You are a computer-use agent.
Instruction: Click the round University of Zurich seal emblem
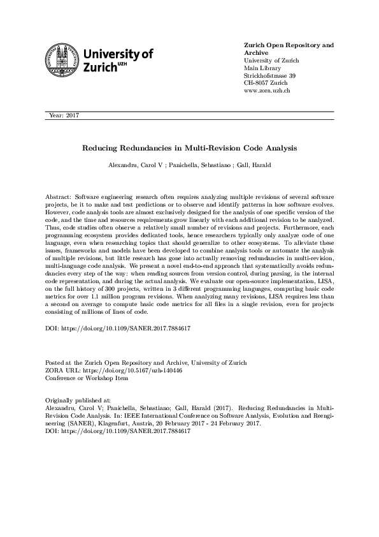point(62,60)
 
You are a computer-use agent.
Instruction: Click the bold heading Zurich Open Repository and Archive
point(289,50)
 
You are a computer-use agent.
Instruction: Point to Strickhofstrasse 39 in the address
point(270,75)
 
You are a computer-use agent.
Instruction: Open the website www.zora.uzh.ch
point(268,91)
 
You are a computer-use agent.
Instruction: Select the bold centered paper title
point(189,147)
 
